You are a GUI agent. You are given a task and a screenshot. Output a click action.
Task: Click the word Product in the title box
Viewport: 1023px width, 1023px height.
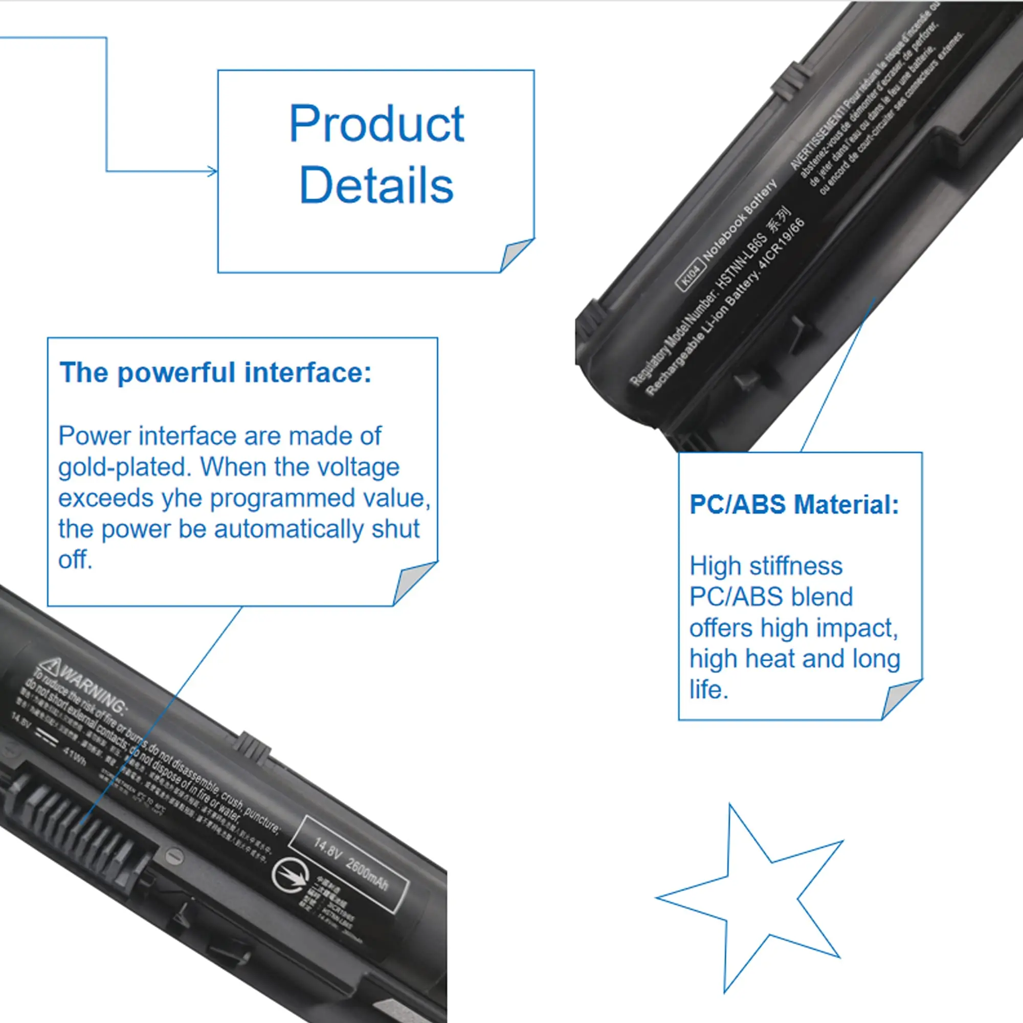point(376,124)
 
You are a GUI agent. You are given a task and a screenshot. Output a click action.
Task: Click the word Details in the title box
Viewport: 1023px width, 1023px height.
point(376,185)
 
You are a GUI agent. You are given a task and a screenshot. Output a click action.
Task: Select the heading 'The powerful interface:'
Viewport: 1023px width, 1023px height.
point(215,372)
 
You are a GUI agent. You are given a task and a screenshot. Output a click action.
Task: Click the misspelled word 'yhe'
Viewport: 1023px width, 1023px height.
point(182,498)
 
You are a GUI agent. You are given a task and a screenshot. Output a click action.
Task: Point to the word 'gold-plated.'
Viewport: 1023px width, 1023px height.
point(125,467)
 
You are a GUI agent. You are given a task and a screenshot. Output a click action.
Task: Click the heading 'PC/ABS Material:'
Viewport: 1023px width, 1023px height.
point(794,504)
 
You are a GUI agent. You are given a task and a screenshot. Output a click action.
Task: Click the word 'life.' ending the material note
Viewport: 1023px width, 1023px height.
point(708,690)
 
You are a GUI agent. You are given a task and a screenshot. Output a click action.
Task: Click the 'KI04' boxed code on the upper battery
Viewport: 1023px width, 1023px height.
point(691,275)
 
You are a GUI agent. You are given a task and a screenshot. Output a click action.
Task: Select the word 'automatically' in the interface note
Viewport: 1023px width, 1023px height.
point(288,529)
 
